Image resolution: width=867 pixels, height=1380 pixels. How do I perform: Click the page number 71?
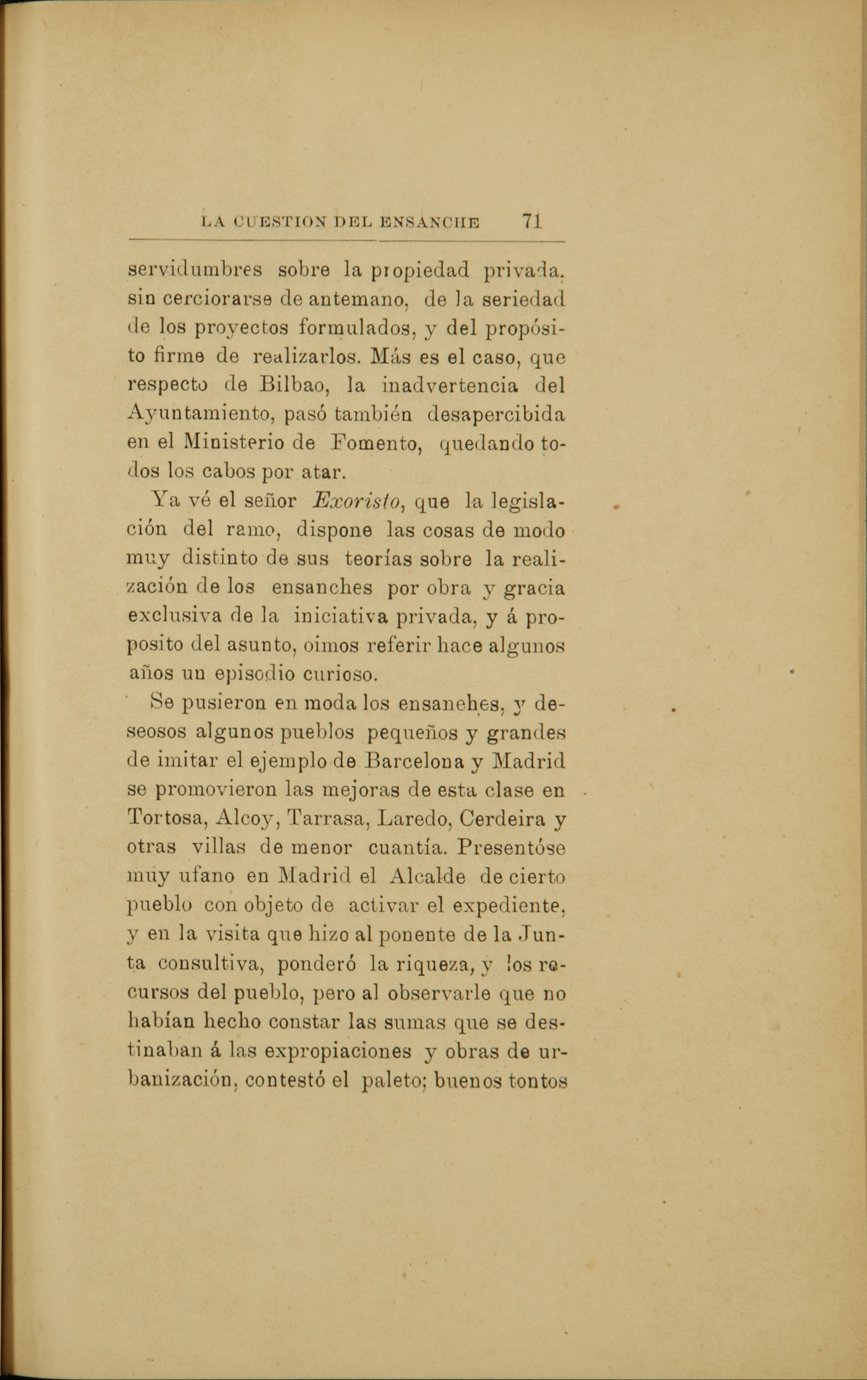[x=532, y=221]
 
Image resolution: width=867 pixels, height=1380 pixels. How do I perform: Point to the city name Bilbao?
[x=292, y=385]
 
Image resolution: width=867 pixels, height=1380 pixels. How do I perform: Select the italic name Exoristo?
[x=357, y=501]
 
